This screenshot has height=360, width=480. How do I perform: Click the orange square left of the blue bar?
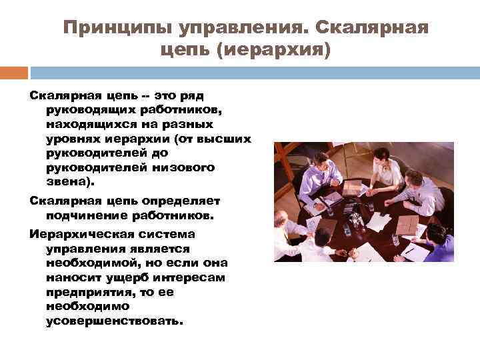tap(14, 72)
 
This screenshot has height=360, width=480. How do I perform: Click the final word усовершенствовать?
tap(114, 321)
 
